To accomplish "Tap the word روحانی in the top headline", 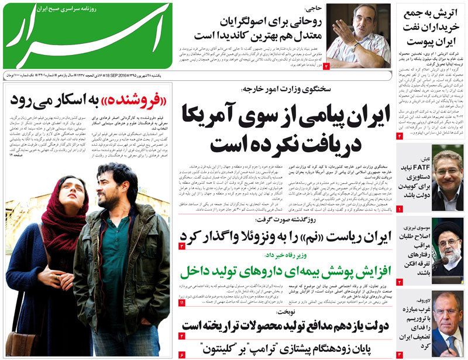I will (296, 22).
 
